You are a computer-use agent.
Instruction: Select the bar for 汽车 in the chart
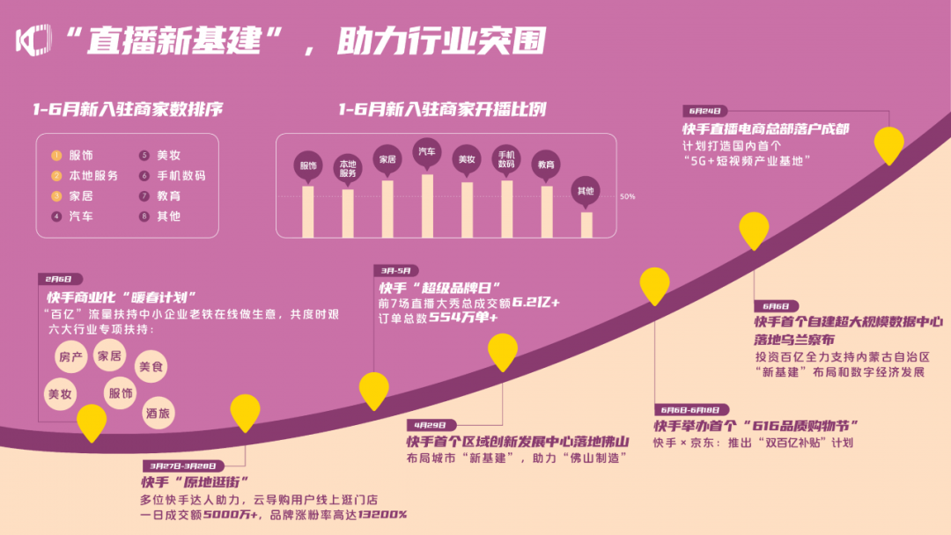pyautogui.click(x=427, y=206)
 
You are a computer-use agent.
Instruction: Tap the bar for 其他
pyautogui.click(x=586, y=224)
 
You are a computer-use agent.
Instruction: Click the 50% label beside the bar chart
pyautogui.click(x=627, y=196)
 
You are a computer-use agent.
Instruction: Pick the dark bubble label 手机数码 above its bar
pyautogui.click(x=506, y=158)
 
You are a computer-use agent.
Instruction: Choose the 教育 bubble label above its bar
pyautogui.click(x=546, y=165)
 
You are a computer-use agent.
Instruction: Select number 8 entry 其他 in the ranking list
pyautogui.click(x=168, y=216)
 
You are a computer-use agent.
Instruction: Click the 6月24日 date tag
pyautogui.click(x=704, y=112)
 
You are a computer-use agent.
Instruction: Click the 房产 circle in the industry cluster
pyautogui.click(x=69, y=357)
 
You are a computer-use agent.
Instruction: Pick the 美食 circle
pyautogui.click(x=150, y=366)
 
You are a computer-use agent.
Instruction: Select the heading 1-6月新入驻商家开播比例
pyautogui.click(x=442, y=110)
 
